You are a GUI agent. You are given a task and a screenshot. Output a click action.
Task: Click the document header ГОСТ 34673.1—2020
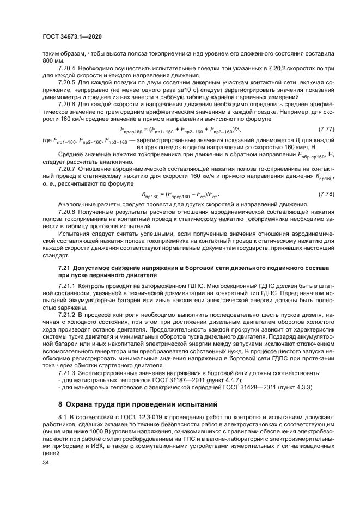pos(72,36)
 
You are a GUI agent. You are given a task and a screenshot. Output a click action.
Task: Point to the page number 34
pos(46,462)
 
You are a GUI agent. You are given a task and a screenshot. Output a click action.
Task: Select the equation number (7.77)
pos(326,128)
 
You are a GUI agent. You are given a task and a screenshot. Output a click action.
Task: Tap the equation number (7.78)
pos(326,194)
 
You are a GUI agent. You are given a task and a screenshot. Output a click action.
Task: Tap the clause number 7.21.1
pos(68,285)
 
